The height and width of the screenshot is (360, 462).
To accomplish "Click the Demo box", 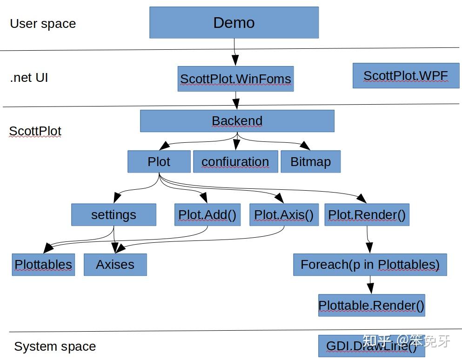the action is point(234,23).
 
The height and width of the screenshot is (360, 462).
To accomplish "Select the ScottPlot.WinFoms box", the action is point(236,79).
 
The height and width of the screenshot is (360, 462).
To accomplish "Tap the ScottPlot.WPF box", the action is point(406,75).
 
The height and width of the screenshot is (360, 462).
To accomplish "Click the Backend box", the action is point(237,121).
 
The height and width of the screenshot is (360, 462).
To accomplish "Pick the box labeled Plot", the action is point(159,161).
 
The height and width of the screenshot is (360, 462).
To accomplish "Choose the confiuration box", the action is point(236,161).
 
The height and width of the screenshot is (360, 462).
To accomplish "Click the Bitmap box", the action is point(310,161).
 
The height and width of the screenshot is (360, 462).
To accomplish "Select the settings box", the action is point(114,215).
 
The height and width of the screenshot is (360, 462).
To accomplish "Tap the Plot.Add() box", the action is point(208,215).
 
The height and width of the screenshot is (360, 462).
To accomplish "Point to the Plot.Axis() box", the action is point(284,215).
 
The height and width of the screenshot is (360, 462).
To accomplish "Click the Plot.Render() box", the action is point(367,215).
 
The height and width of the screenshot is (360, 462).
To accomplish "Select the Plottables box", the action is point(43,265).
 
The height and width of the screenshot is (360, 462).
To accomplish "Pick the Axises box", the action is point(115,265).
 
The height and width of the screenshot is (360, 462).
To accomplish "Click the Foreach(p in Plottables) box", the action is point(370,265).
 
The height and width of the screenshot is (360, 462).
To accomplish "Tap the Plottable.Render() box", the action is point(372,305).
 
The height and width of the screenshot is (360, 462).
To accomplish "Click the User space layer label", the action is point(43,24).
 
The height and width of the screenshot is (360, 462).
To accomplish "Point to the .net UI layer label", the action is point(29,78).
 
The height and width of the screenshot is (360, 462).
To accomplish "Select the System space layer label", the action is point(55,347).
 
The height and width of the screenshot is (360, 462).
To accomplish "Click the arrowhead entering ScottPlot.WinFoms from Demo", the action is point(235,60).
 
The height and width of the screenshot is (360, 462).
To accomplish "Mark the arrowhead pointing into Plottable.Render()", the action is point(370,288).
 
